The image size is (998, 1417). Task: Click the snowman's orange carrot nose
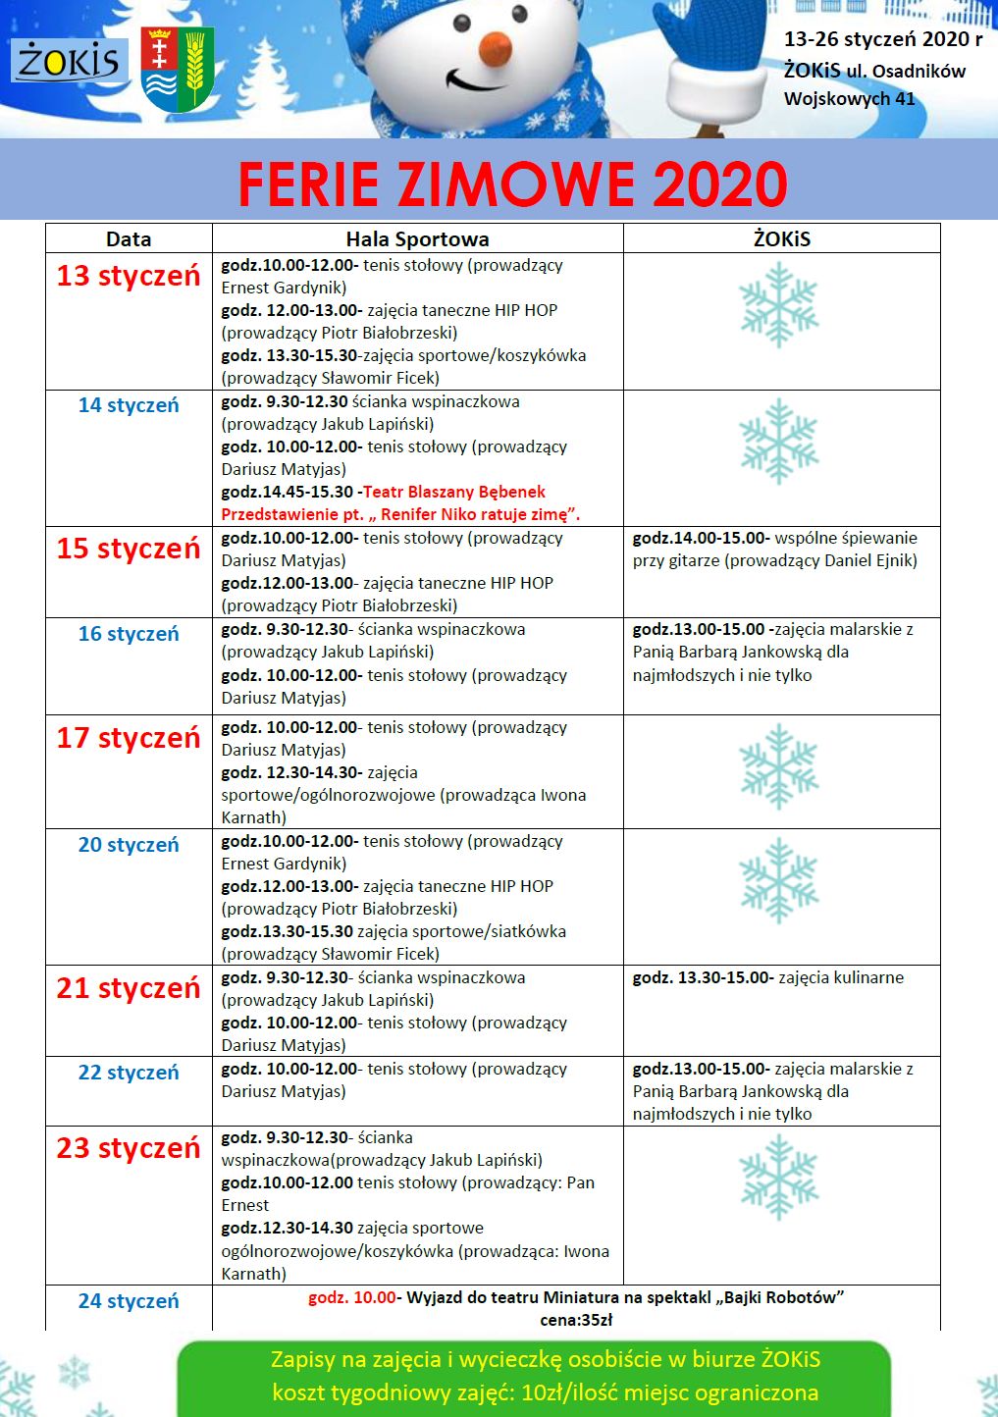(x=493, y=44)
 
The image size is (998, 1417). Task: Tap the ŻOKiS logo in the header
(x=69, y=62)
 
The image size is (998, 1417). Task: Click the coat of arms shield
(x=178, y=69)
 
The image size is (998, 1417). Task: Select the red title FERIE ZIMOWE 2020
(x=512, y=184)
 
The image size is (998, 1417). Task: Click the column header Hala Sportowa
(x=417, y=239)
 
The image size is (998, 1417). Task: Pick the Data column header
(x=129, y=239)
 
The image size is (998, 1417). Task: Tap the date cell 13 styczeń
(x=129, y=276)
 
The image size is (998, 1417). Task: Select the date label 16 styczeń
(x=129, y=634)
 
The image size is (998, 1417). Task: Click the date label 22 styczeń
(x=129, y=1073)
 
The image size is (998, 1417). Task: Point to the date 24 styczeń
(x=129, y=1301)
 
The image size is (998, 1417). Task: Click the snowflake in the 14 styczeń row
(x=779, y=441)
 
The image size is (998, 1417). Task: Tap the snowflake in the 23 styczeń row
(x=779, y=1177)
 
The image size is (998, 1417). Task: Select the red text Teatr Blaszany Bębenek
(x=454, y=492)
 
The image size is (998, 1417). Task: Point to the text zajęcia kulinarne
(x=841, y=977)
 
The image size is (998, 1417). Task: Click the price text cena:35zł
(x=576, y=1320)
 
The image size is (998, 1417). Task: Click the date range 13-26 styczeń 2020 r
(x=883, y=39)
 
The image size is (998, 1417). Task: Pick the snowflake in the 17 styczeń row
(x=779, y=766)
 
